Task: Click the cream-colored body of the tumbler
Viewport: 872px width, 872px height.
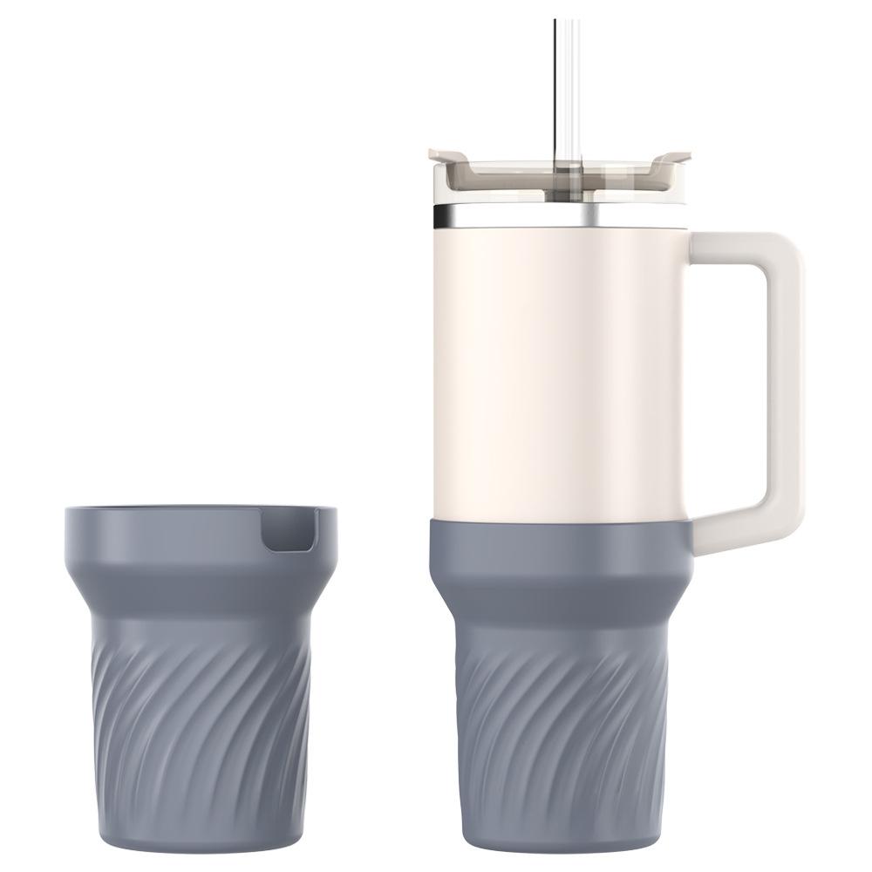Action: click(558, 366)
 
